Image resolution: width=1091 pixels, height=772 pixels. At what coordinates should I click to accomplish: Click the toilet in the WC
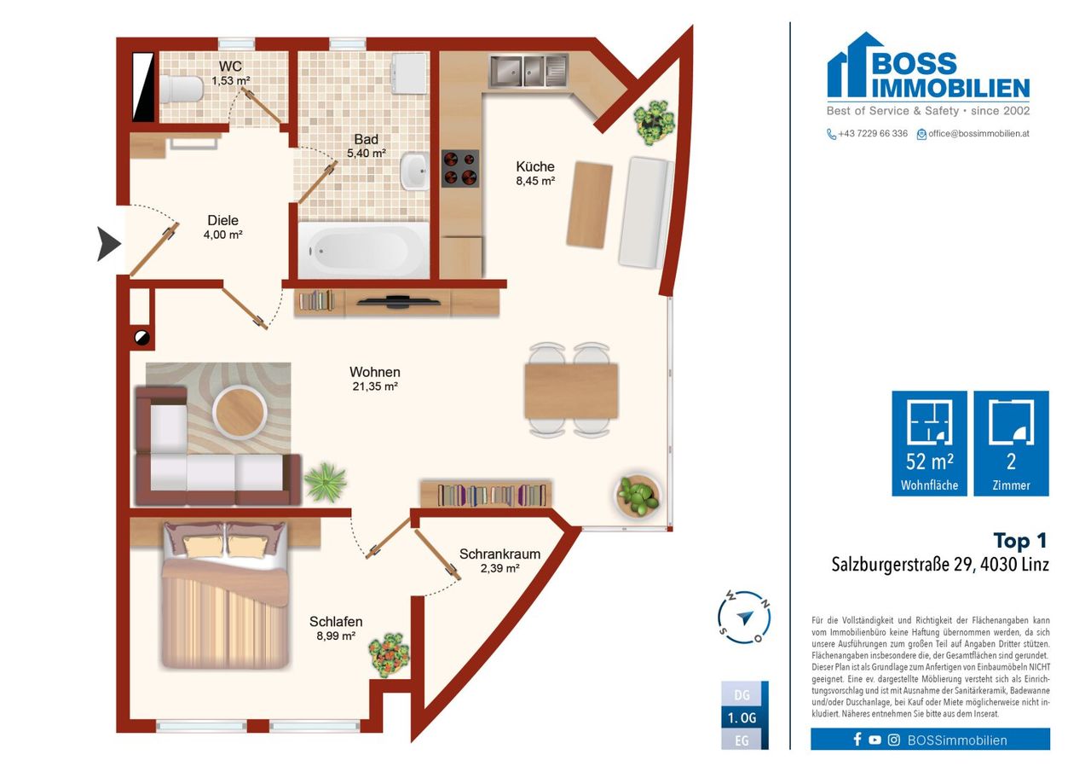point(182,90)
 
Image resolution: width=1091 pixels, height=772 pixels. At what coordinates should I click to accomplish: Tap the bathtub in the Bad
point(363,250)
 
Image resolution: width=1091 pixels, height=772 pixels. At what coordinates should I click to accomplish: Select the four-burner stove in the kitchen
point(460,169)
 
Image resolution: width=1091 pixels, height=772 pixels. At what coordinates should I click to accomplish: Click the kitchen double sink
point(528,71)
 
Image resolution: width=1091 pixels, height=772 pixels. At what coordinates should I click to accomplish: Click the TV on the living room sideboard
point(398,302)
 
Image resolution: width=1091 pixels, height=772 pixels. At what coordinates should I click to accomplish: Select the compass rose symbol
point(744,617)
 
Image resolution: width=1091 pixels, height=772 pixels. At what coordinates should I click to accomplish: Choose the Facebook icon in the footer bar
point(857,740)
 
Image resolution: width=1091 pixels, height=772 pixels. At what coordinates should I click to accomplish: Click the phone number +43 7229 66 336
point(872,134)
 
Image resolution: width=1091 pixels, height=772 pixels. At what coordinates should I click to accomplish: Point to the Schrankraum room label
point(499,554)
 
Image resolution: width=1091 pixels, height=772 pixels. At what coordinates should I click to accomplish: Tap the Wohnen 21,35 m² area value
point(375,386)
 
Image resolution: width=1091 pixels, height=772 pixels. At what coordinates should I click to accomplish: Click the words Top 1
point(1020,541)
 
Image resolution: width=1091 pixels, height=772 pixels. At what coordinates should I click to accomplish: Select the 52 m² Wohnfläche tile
point(929,444)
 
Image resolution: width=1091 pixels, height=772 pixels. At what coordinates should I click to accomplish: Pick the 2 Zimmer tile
point(1011,444)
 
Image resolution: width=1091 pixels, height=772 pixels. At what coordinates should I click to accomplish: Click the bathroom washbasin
point(414,171)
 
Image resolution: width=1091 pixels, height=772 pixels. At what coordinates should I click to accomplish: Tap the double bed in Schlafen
point(226,595)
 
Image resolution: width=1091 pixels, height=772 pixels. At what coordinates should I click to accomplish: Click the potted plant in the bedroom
point(390,655)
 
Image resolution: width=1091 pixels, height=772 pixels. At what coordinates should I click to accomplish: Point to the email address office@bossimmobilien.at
point(978,134)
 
